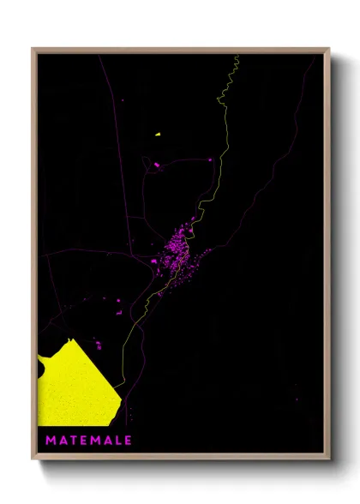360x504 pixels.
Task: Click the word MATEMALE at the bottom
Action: click(88, 441)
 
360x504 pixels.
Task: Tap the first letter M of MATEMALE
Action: click(50, 441)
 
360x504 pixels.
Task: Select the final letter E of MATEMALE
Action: click(128, 441)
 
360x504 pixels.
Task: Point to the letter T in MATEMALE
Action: click(73, 441)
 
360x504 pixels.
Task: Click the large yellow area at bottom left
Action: click(73, 390)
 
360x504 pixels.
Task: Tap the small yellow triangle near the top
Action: click(158, 135)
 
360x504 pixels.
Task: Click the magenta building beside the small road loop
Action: click(157, 164)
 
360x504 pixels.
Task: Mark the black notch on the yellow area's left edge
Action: click(41, 369)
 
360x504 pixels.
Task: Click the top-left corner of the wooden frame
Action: click(33, 50)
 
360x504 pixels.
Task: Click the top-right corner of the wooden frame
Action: click(328, 50)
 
